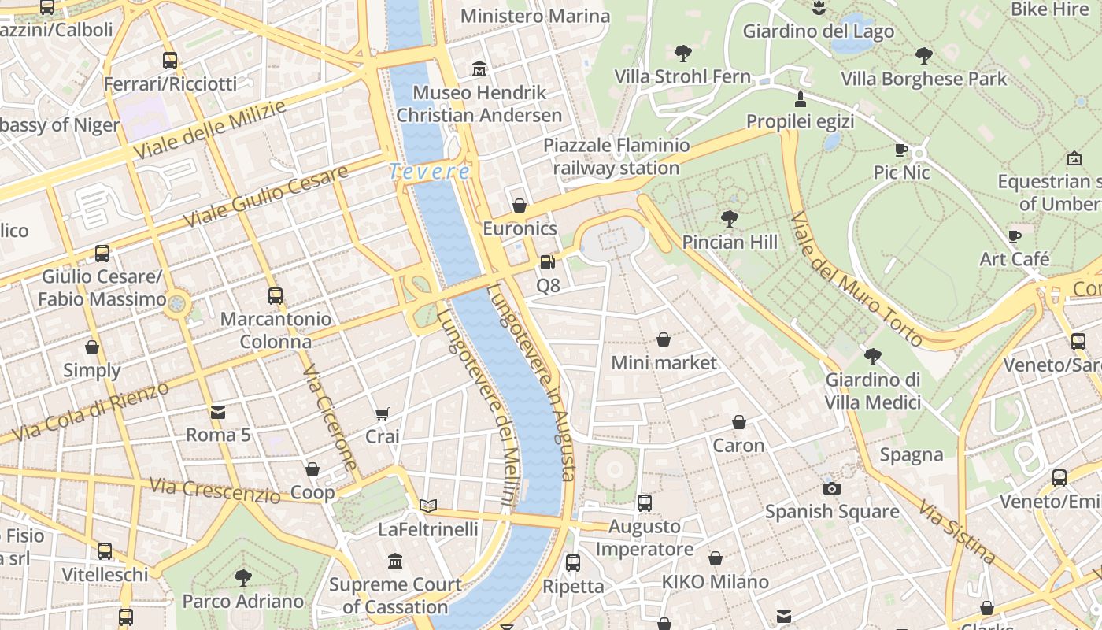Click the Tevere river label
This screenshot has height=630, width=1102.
point(430,171)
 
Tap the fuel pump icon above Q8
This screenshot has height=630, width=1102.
point(547,262)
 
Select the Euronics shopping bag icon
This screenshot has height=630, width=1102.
point(520,206)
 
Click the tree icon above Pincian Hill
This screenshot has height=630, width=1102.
point(729,218)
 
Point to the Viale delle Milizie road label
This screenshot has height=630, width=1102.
point(209,130)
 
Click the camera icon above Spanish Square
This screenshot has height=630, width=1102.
point(831,488)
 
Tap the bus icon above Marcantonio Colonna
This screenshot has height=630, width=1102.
point(275,296)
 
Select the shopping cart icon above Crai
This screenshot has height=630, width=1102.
point(383,413)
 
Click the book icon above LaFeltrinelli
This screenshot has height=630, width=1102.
point(427,506)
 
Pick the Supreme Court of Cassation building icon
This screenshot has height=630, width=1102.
point(395,561)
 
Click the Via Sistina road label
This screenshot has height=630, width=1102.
point(956,532)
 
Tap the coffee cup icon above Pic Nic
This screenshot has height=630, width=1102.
point(901,150)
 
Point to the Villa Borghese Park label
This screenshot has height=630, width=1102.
point(923,79)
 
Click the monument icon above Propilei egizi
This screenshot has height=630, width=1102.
point(801,98)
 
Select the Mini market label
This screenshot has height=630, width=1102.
point(664,362)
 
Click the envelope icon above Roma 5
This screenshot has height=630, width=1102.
point(218,412)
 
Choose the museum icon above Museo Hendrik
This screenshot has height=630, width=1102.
point(479,69)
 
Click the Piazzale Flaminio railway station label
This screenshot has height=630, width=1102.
point(616,157)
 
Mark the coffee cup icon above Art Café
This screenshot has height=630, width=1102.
point(1015,236)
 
